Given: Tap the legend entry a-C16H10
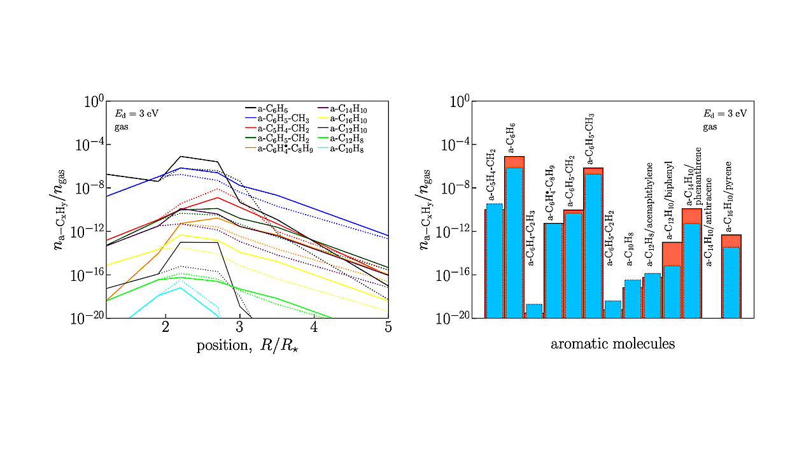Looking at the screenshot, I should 349,119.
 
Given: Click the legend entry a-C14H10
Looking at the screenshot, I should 349,110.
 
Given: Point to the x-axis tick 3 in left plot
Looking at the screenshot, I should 239,327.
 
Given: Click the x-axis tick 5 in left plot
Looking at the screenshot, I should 388,327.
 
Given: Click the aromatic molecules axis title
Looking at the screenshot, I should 612,344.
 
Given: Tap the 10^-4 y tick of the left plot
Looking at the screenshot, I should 88,144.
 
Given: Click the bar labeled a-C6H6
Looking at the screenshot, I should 514,236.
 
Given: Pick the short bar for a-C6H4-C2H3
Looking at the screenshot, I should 534,311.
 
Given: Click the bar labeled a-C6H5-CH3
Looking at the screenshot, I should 593,243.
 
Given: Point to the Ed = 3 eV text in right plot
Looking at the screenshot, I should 724,114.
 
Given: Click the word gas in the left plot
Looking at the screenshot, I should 122,127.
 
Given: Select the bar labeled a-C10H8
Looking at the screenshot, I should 633,299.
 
